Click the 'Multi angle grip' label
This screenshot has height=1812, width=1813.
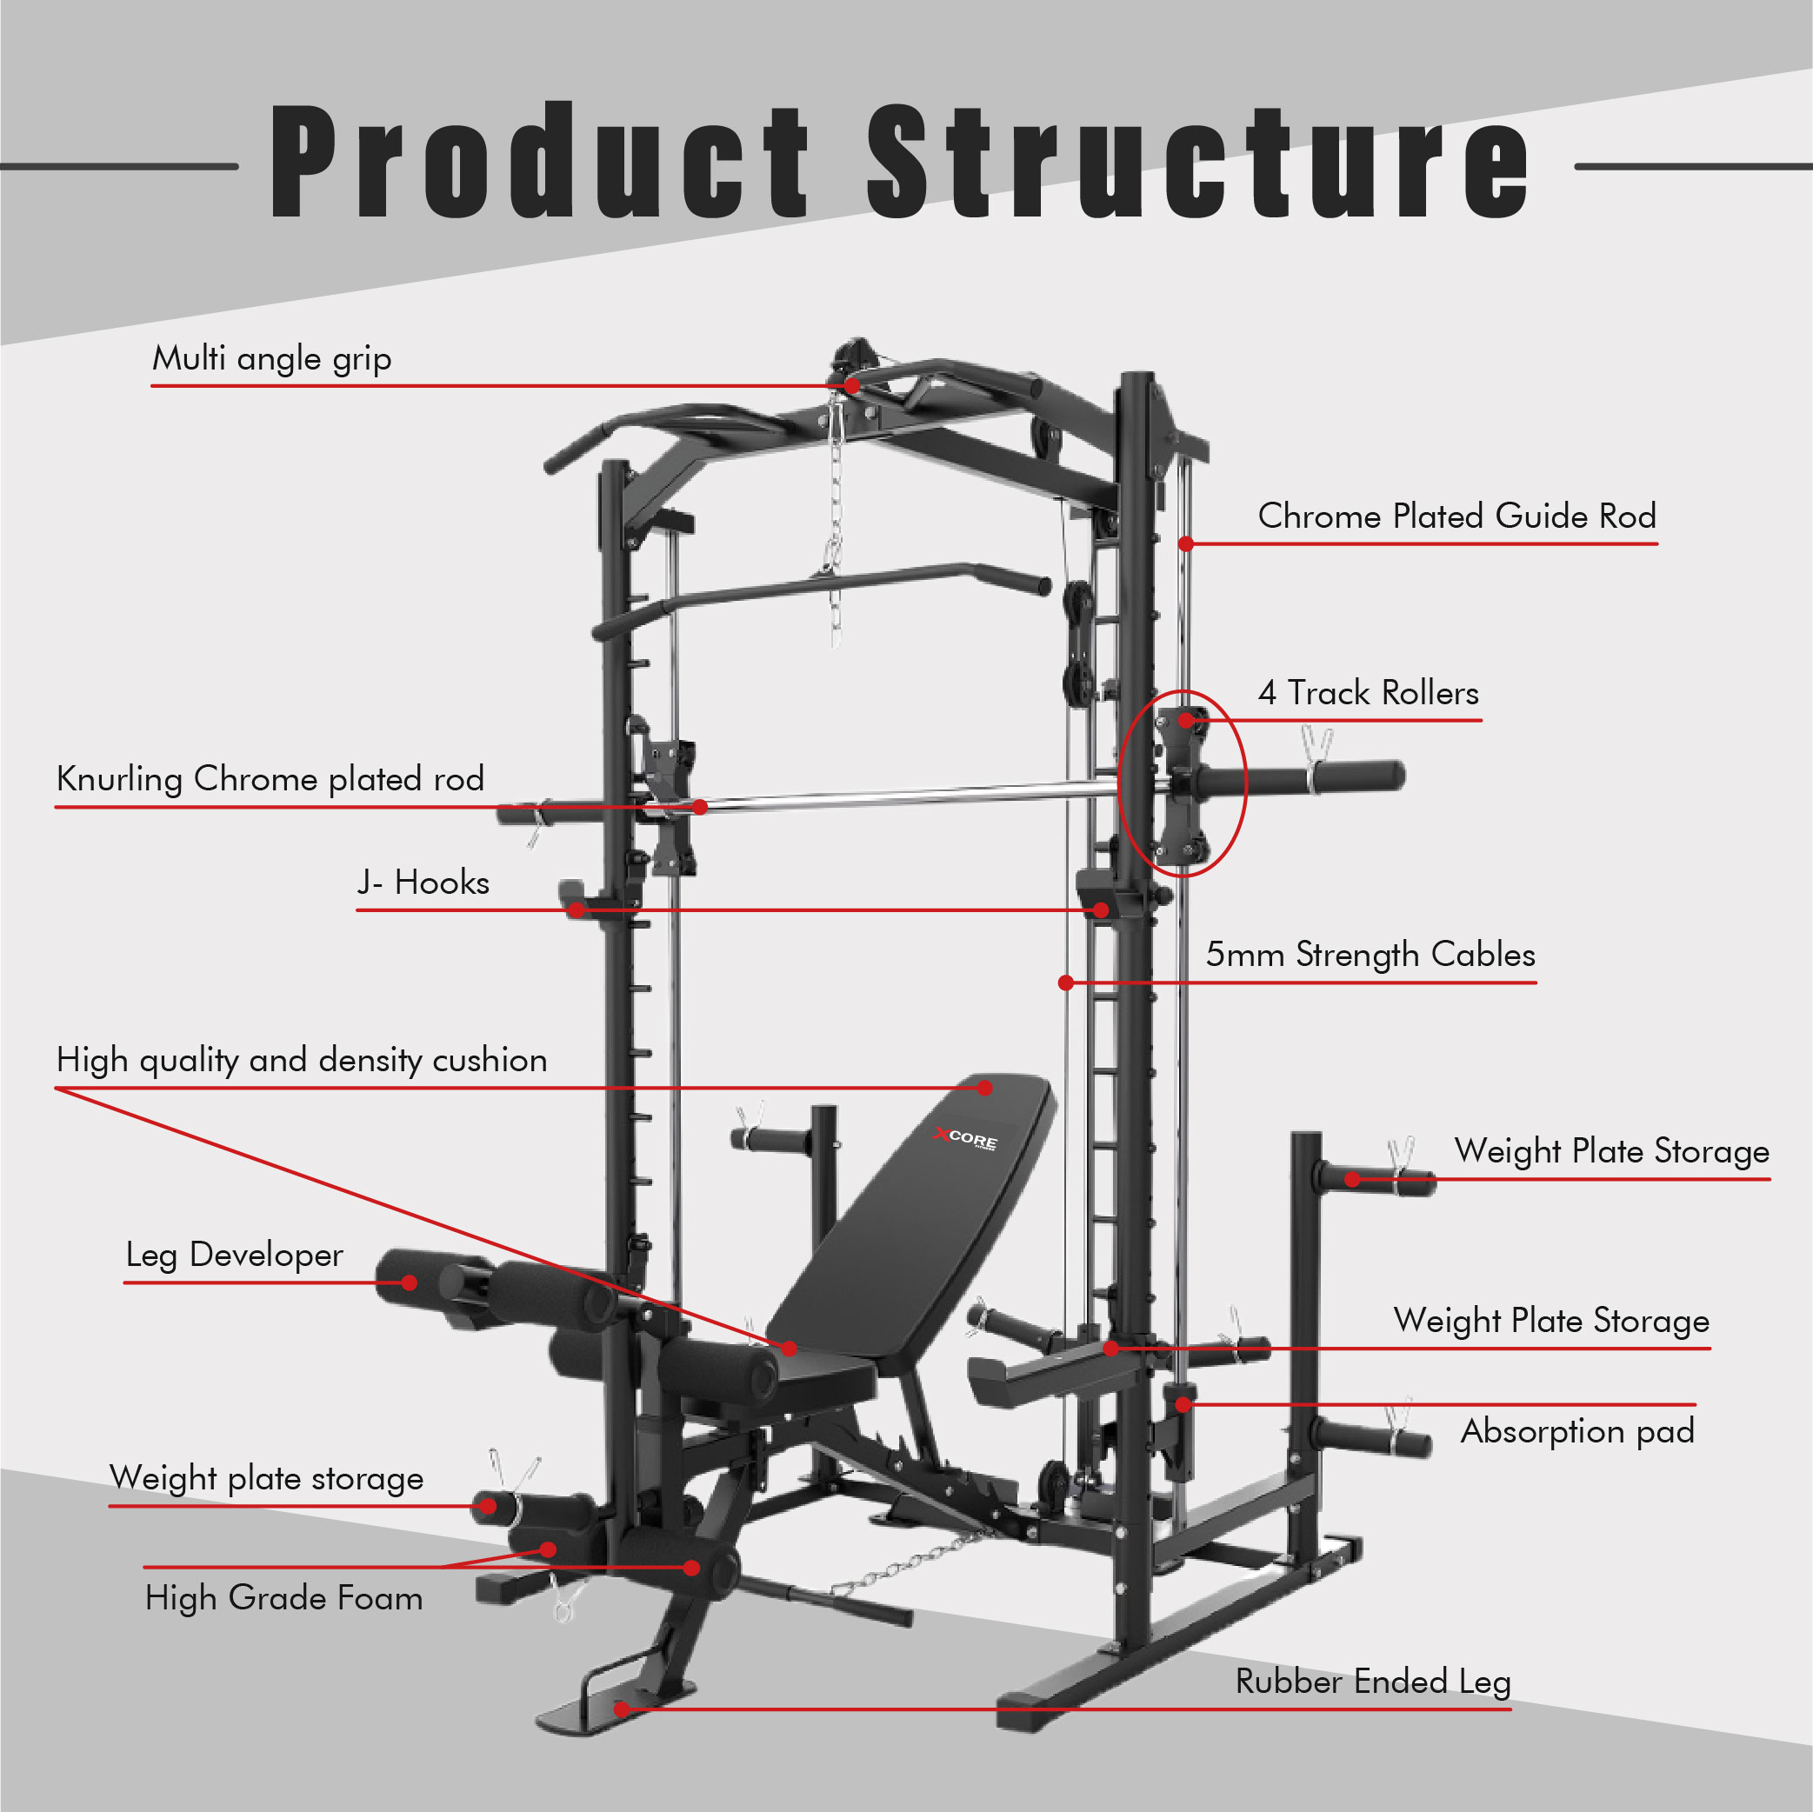pyautogui.click(x=271, y=359)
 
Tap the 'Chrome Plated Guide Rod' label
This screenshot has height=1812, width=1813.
pyautogui.click(x=1456, y=517)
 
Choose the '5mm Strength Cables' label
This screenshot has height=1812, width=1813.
pyautogui.click(x=1370, y=956)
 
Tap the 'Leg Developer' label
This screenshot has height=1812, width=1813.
pyautogui.click(x=235, y=1256)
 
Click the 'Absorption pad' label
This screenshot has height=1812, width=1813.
pyautogui.click(x=1577, y=1432)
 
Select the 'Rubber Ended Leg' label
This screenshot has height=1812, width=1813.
pyautogui.click(x=1373, y=1682)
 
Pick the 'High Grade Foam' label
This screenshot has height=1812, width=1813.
pyautogui.click(x=283, y=1598)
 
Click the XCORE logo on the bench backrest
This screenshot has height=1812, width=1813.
pyautogui.click(x=967, y=1138)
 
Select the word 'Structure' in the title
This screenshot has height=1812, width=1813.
pyautogui.click(x=1196, y=162)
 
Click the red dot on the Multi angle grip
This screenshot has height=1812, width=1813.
pyautogui.click(x=851, y=386)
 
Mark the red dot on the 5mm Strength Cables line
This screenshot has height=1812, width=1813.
pyautogui.click(x=1066, y=983)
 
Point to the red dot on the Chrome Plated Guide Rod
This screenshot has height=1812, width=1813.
pyautogui.click(x=1186, y=544)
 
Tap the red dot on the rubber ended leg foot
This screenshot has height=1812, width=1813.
pyautogui.click(x=621, y=1709)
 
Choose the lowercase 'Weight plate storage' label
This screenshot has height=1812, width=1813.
pyautogui.click(x=266, y=1479)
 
